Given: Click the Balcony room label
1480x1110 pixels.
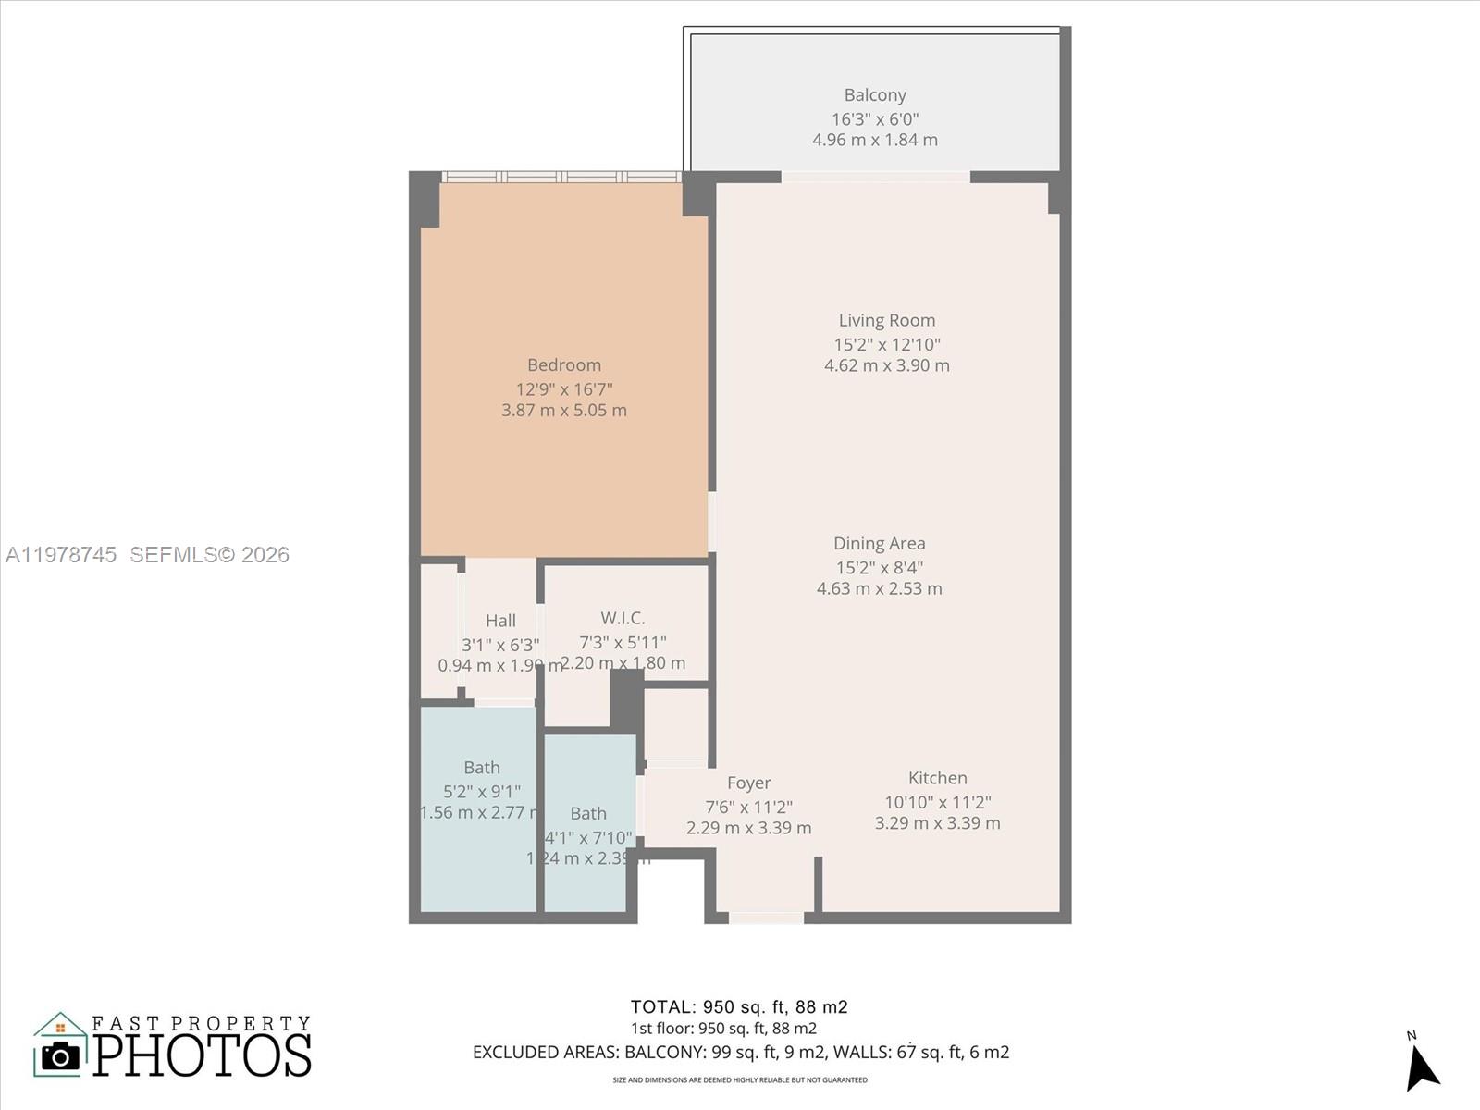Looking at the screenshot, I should (x=874, y=95).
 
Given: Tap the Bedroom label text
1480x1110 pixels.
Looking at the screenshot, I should (x=564, y=365).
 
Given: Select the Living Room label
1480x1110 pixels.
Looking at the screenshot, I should (x=886, y=321).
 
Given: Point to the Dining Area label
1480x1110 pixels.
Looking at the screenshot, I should (x=879, y=544).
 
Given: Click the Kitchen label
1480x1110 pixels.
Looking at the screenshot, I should (x=937, y=779).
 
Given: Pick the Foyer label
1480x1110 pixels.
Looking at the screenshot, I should (x=748, y=783).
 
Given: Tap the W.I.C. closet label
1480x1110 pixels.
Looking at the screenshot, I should (x=623, y=618).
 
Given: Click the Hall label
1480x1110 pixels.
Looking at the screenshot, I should (x=500, y=621).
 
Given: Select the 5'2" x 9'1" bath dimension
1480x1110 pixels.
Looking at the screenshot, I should (x=481, y=792).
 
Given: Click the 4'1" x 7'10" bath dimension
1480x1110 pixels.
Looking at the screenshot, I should (x=588, y=838).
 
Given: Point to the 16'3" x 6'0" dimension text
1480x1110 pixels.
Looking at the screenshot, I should (x=874, y=119).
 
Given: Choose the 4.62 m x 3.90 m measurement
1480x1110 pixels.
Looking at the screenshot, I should (x=886, y=365).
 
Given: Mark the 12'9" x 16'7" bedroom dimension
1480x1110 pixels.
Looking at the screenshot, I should (x=564, y=389).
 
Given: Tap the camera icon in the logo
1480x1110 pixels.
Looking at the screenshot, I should (x=61, y=1055).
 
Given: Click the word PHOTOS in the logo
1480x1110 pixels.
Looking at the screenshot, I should (x=202, y=1055).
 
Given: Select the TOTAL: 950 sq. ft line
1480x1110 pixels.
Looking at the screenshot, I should (x=738, y=1007).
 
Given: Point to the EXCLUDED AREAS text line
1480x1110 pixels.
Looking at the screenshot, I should (x=740, y=1053).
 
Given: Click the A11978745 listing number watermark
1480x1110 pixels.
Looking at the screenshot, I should (x=61, y=555).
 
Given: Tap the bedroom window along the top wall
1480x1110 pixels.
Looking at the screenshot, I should (x=561, y=177).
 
